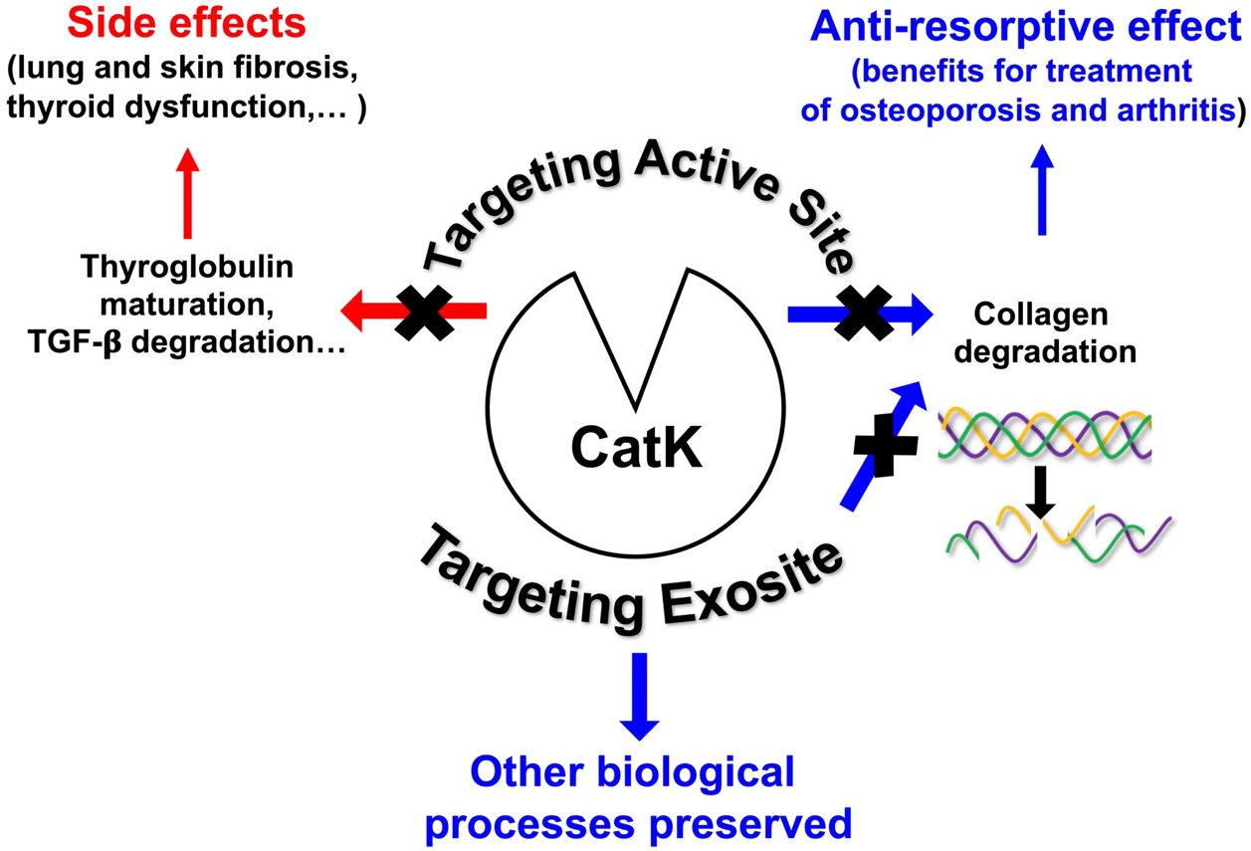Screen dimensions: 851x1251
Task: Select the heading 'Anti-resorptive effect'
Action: (1025, 28)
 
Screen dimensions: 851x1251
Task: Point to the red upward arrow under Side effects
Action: (186, 194)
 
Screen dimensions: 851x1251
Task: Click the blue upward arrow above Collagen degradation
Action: (1041, 190)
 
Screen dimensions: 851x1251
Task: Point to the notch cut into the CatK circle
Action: (636, 338)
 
